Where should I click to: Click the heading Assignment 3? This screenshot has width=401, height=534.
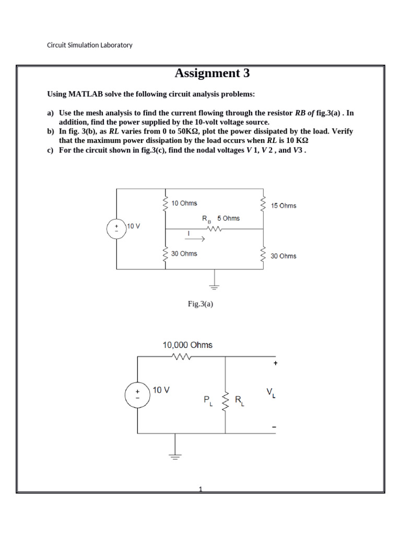point(212,74)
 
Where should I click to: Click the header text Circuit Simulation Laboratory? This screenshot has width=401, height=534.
point(90,45)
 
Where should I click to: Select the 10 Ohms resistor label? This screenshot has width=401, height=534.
point(184,203)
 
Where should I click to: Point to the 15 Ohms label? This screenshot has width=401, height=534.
point(284,205)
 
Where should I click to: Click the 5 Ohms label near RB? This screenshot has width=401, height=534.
point(228,218)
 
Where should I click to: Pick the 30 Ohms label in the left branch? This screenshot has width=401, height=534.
point(184,253)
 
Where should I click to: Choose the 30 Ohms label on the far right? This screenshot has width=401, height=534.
point(284,256)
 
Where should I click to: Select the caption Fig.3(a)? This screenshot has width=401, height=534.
point(200,304)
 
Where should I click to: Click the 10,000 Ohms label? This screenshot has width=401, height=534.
point(187,345)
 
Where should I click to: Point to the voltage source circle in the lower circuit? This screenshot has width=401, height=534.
point(137,394)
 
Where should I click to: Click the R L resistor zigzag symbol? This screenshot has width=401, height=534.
point(226,401)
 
